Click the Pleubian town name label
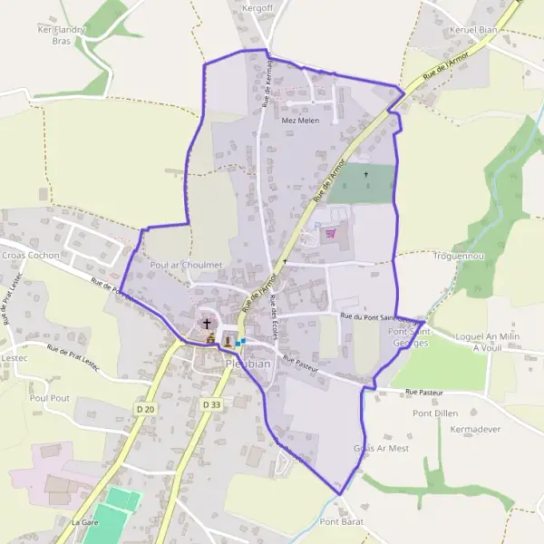pos(246,364)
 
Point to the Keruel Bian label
pos(473,29)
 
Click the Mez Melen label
pos(301,120)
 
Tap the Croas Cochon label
pos(31,256)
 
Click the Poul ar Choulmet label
pos(187,265)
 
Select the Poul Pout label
pos(49,397)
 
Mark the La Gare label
pos(84,522)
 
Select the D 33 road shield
pos(211,403)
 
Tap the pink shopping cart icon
pos(331,233)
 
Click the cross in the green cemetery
pos(366,174)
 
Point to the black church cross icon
pos(207,322)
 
